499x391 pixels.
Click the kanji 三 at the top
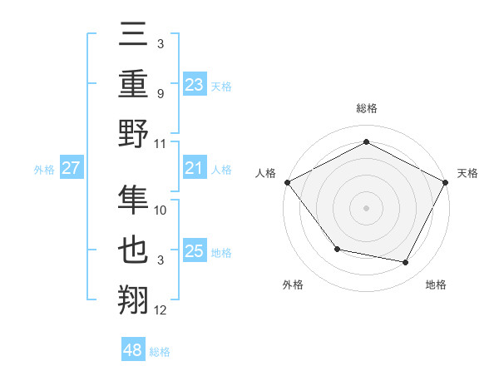(134, 34)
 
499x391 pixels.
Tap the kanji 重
(134, 83)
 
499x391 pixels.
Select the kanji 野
(134, 133)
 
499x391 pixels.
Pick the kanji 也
(134, 250)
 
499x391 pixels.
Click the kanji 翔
(134, 300)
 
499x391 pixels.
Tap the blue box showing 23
(194, 84)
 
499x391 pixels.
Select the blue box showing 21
(194, 168)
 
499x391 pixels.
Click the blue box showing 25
(194, 251)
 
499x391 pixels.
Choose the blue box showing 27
(71, 168)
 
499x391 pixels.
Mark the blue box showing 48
(133, 350)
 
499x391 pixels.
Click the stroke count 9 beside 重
(160, 93)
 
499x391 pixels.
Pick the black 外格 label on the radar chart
(293, 285)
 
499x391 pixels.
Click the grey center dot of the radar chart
(366, 207)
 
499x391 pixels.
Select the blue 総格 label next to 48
(160, 352)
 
